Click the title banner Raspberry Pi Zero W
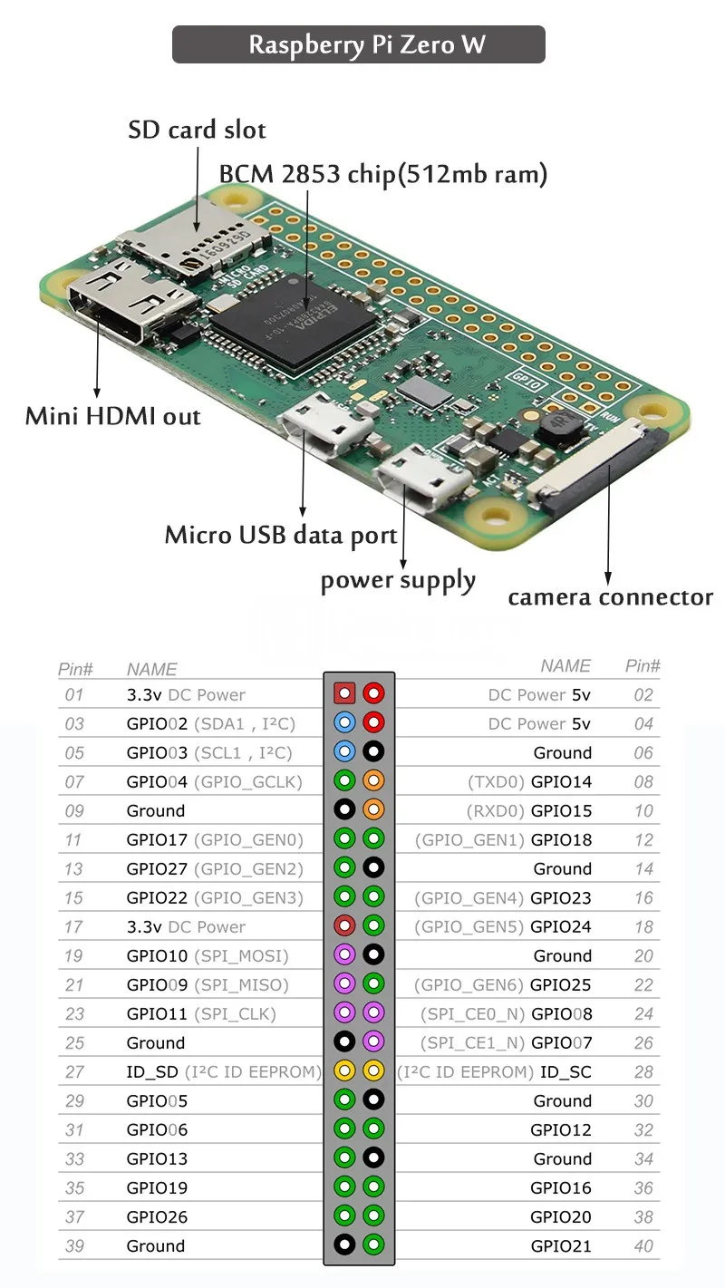[359, 44]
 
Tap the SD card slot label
[197, 130]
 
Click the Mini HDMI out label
[112, 416]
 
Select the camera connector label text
[610, 597]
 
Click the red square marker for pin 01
[344, 694]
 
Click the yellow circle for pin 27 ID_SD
[344, 1071]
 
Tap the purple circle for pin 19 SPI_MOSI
[344, 955]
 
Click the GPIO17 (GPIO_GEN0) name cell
[215, 840]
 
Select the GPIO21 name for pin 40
[561, 1246]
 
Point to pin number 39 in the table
[74, 1246]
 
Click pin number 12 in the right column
[643, 840]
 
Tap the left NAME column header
[151, 669]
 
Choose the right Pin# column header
[643, 666]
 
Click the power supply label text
[398, 581]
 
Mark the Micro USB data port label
[281, 535]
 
